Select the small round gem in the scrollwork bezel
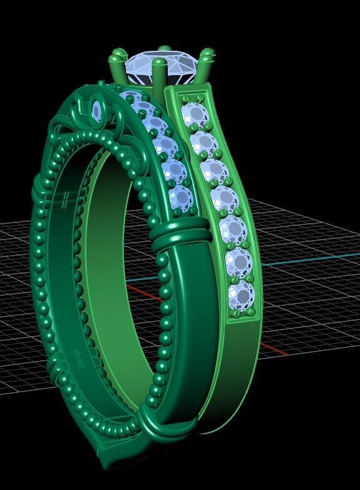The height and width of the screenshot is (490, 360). point(96,111)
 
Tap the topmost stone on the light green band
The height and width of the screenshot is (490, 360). point(194,115)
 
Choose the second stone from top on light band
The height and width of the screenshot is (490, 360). point(203,143)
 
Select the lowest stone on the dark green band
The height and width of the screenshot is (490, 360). point(182,198)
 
